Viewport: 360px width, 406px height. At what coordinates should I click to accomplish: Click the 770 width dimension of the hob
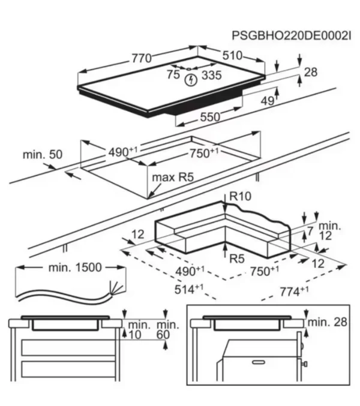(142, 58)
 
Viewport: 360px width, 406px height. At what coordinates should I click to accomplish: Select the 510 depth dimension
(232, 56)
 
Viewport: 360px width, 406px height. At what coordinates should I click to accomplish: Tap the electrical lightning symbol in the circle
(190, 80)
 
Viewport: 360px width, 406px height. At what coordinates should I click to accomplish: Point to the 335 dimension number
(211, 75)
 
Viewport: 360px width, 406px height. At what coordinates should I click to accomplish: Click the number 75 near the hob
(173, 75)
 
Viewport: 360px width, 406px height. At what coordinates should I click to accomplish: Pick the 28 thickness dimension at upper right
(310, 73)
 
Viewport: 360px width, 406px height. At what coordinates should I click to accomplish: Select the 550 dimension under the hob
(209, 118)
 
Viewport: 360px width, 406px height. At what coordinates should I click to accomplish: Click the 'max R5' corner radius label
(171, 177)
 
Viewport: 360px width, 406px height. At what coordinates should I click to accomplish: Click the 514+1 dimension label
(187, 289)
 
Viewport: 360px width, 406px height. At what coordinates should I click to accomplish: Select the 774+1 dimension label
(295, 291)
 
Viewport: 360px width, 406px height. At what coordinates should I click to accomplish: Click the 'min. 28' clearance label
(328, 323)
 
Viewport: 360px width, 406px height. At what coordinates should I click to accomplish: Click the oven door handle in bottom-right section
(256, 363)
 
